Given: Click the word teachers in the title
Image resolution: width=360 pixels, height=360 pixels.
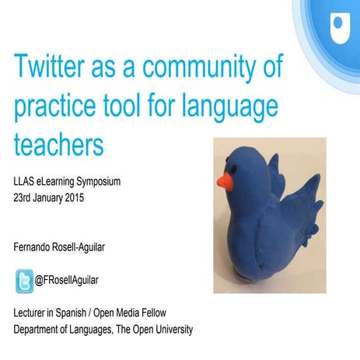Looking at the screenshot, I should click(68, 142).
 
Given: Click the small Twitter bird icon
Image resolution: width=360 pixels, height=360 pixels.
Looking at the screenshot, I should click(25, 279).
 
